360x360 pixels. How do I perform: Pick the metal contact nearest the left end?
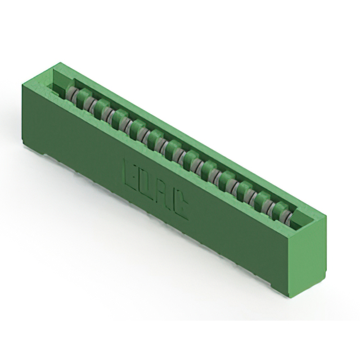click(71, 93)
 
